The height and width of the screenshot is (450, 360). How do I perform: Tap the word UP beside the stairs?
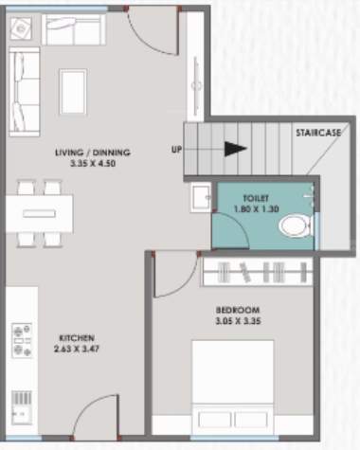(177, 150)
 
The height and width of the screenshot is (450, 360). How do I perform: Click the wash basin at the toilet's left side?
(199, 199)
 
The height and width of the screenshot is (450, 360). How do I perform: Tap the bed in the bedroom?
(251, 393)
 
